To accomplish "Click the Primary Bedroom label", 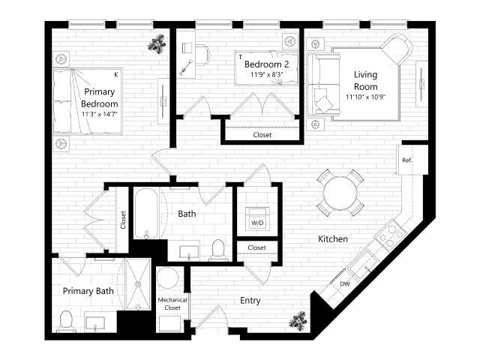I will (x=100, y=93).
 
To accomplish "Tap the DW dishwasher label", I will (x=344, y=283).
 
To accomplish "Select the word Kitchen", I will (x=332, y=239).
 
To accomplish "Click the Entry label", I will (x=250, y=300).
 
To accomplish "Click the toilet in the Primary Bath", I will (x=65, y=320).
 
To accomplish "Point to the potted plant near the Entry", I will (x=298, y=320).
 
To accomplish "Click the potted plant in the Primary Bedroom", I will (x=157, y=44).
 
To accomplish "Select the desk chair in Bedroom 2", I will (x=200, y=53).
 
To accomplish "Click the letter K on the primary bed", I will (x=115, y=74).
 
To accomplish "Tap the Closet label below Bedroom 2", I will (x=262, y=135).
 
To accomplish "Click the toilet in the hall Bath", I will (x=218, y=248).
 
